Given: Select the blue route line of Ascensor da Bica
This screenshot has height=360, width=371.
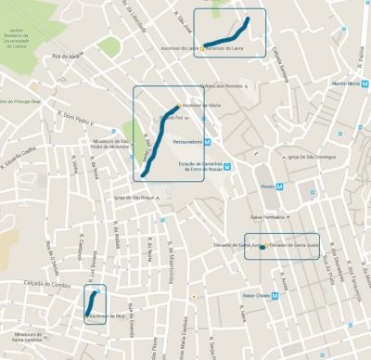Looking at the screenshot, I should point(94,302).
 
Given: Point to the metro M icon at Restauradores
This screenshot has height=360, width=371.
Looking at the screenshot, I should point(208,142).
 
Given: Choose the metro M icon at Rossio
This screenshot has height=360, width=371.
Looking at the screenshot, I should point(286,186).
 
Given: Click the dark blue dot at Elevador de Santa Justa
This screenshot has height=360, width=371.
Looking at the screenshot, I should point(263,247).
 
